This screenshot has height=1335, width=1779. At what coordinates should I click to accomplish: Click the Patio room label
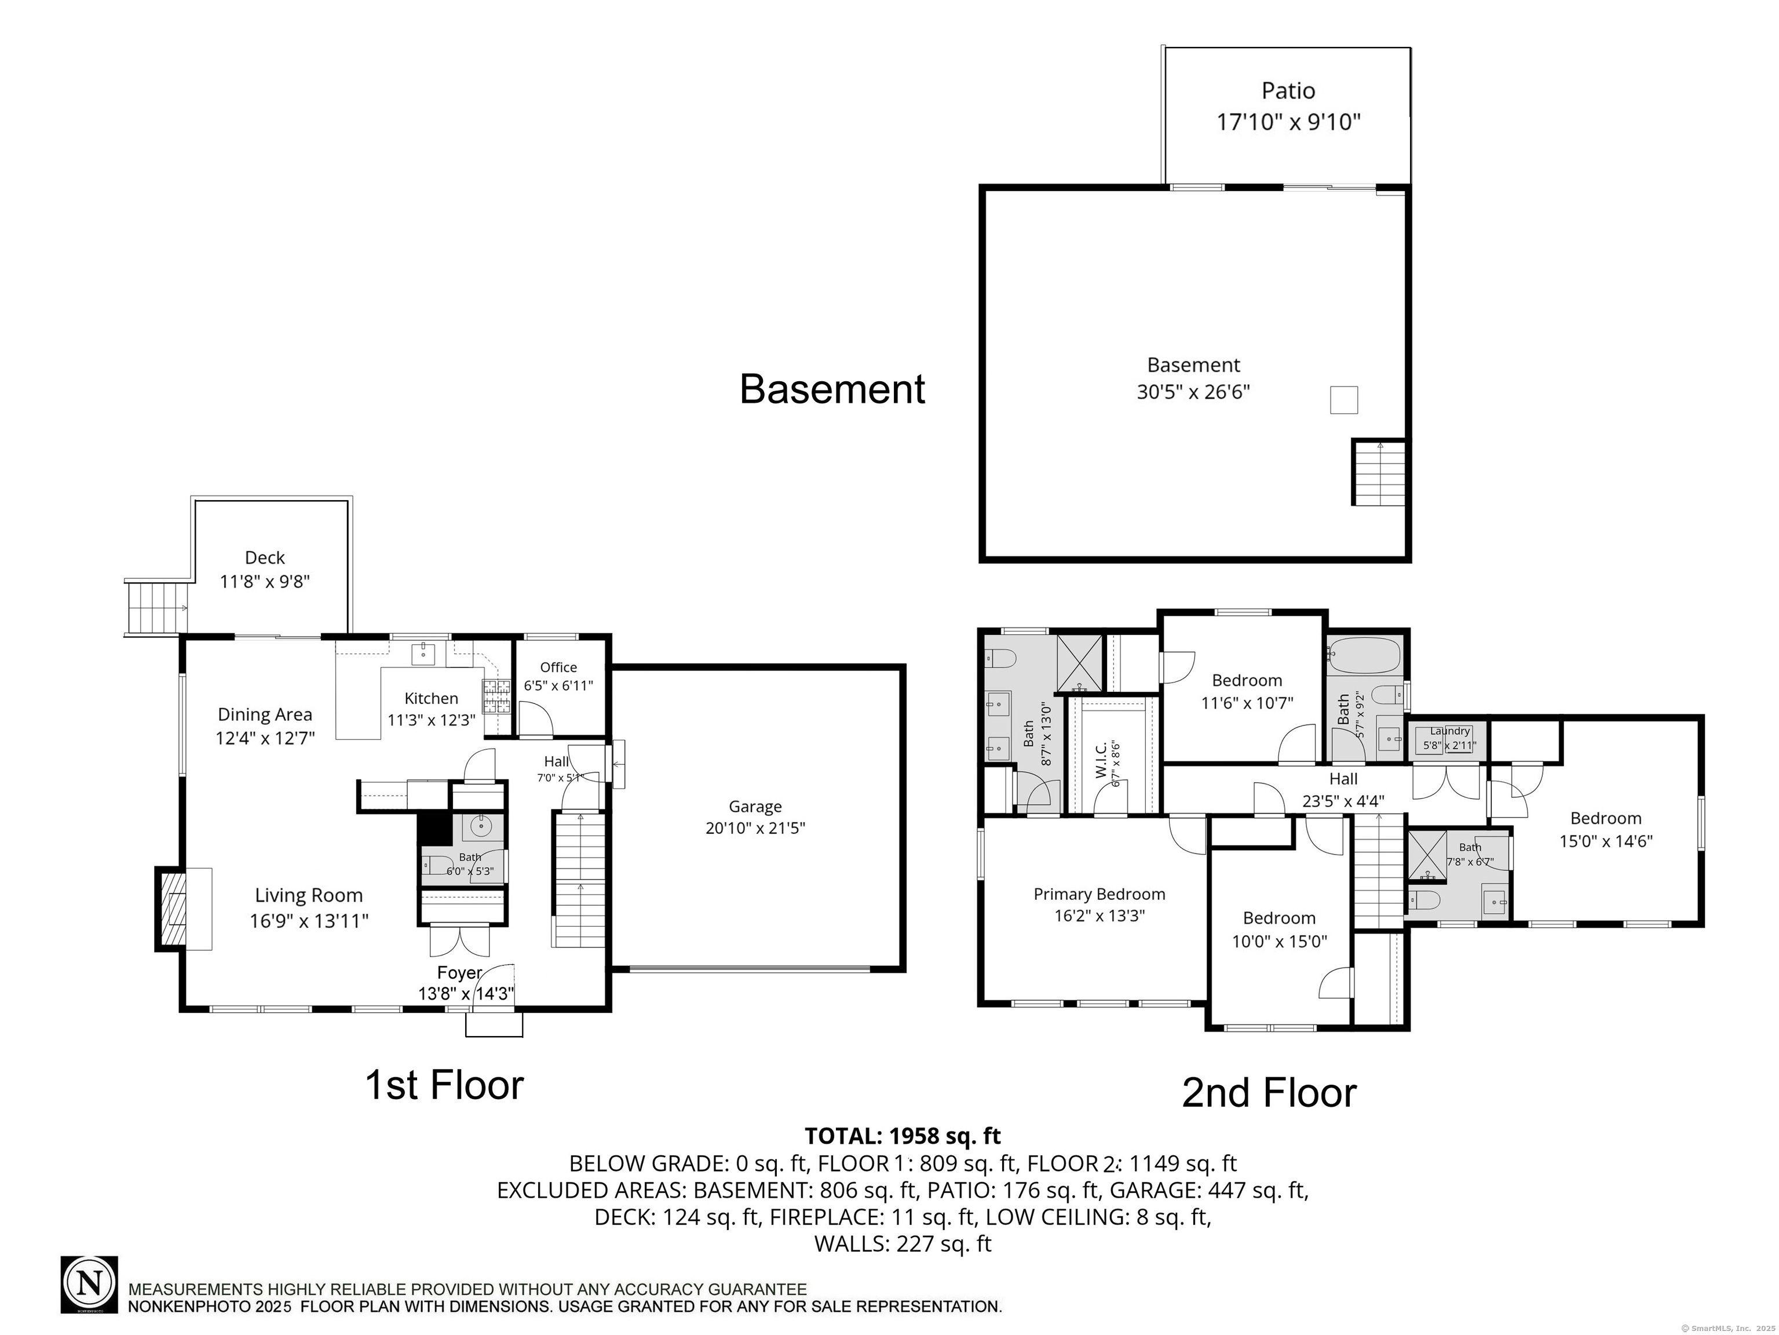(x=1288, y=91)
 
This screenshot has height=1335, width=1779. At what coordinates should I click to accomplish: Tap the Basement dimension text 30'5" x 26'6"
(x=1193, y=392)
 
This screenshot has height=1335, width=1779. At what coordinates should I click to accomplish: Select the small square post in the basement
(x=1343, y=400)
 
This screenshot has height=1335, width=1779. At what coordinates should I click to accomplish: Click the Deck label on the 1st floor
(x=265, y=557)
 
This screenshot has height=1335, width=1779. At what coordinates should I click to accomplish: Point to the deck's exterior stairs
(x=158, y=607)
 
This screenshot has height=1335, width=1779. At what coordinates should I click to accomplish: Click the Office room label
(x=558, y=667)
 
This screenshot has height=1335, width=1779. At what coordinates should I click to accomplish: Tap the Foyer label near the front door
(x=459, y=973)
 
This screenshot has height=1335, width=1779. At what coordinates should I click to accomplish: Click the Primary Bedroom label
(x=1098, y=894)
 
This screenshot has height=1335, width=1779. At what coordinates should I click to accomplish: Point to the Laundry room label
(x=1449, y=731)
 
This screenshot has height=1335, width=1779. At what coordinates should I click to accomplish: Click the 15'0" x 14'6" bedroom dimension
(x=1605, y=841)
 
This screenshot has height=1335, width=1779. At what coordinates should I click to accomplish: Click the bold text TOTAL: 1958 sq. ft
(x=903, y=1136)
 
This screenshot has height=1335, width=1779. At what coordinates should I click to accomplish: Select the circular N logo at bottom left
(x=89, y=1285)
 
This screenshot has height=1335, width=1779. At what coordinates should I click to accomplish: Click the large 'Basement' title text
(x=832, y=389)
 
